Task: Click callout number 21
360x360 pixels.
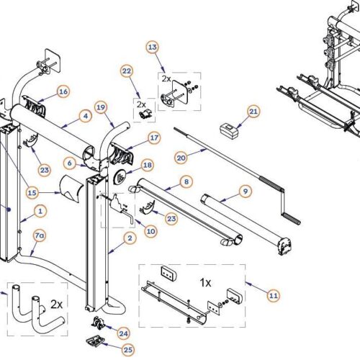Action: [253, 112]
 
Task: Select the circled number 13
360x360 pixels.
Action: [152, 47]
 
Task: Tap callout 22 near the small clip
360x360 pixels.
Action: [127, 71]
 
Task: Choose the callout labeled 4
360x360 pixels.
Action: [85, 115]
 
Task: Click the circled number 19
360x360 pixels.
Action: [102, 107]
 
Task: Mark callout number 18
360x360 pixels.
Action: [147, 165]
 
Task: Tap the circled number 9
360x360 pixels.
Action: [245, 192]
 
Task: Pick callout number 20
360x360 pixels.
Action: [181, 158]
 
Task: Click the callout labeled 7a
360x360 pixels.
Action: [39, 235]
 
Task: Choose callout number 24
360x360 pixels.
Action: [123, 333]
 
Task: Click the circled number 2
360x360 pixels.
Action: [130, 237]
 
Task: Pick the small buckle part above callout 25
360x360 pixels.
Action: [93, 340]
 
